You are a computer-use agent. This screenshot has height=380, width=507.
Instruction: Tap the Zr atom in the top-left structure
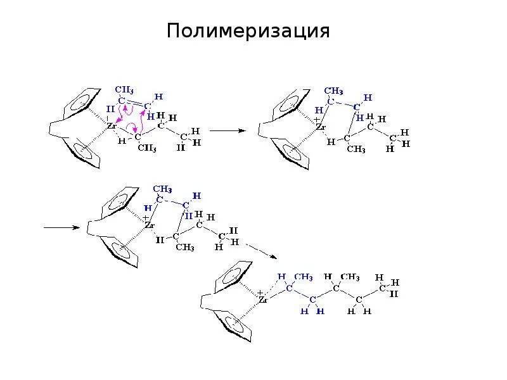[112, 126]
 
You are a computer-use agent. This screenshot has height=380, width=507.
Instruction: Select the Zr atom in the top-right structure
[321, 127]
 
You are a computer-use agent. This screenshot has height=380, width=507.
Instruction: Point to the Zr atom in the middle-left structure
[150, 225]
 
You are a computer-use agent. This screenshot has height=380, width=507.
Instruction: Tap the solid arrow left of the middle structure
[60, 227]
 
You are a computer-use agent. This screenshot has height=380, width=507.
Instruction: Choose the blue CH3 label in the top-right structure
[334, 90]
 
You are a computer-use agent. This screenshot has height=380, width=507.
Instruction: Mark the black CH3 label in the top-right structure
[356, 149]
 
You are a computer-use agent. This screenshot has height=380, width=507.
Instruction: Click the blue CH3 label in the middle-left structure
[164, 189]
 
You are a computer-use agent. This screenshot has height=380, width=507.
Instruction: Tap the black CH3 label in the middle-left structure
[184, 247]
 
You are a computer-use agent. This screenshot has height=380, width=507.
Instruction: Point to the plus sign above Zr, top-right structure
[316, 118]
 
